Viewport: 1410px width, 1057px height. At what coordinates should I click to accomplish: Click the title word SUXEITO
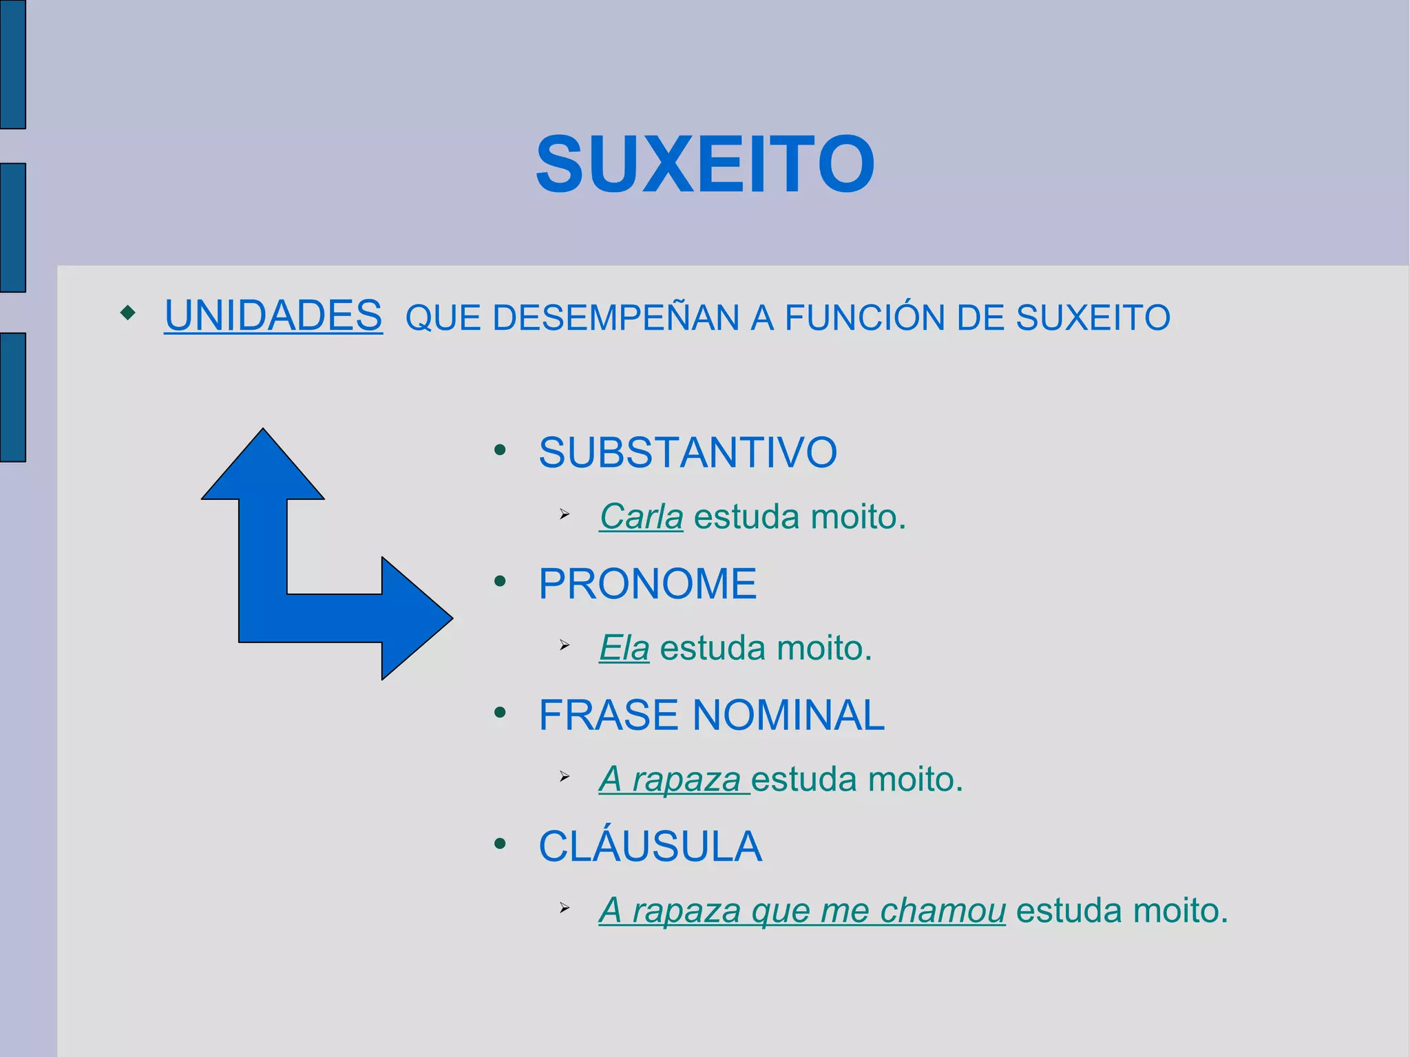(705, 165)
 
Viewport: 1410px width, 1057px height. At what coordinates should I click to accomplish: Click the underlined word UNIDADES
(273, 316)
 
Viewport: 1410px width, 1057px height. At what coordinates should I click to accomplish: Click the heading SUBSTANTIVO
(687, 453)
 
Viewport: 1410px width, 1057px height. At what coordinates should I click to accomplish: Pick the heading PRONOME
(647, 584)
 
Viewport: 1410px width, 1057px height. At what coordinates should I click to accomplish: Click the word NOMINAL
(788, 715)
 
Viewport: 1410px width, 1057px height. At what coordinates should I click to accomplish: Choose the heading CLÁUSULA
(650, 846)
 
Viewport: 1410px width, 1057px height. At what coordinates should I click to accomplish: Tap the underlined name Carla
(641, 516)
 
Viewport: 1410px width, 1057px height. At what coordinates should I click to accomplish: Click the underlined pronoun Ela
(624, 648)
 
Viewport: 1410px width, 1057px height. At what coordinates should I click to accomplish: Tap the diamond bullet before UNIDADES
(128, 313)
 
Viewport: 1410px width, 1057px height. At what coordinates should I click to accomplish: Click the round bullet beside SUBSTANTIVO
(501, 450)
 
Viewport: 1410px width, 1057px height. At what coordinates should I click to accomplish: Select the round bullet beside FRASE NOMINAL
(501, 712)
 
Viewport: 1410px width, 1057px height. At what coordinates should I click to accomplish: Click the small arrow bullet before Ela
(565, 646)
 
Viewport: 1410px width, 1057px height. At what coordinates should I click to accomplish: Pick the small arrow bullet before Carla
(565, 514)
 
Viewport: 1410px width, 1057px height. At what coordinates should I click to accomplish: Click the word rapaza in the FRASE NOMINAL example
(686, 779)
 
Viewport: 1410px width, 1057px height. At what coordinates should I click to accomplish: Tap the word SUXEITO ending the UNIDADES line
(1093, 318)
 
